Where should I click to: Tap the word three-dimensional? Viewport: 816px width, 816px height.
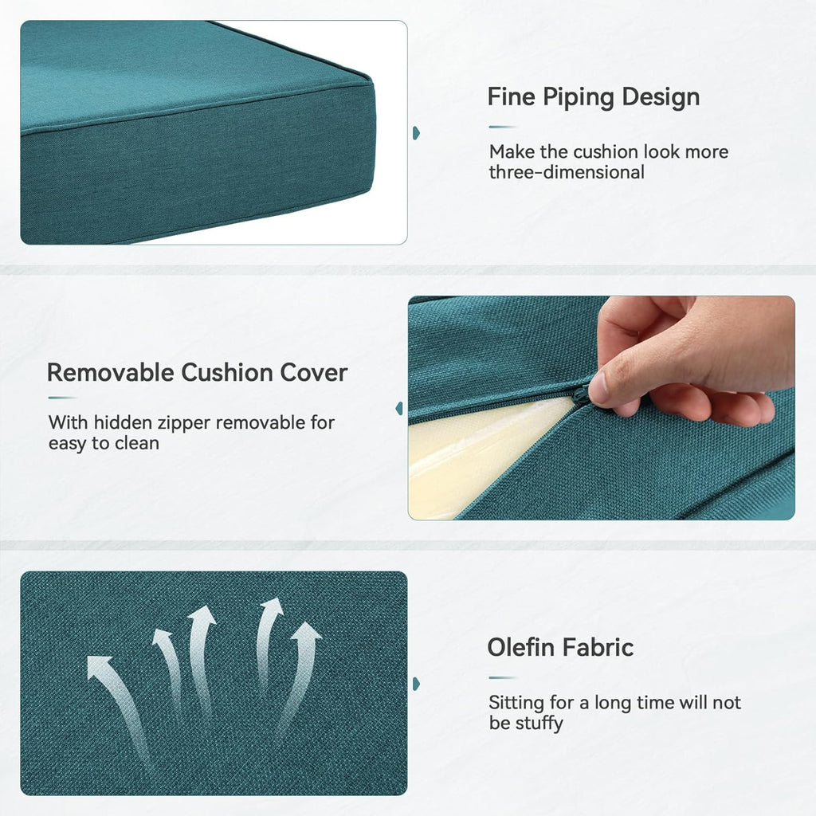pyautogui.click(x=567, y=172)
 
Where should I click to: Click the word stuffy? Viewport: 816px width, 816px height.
pyautogui.click(x=539, y=724)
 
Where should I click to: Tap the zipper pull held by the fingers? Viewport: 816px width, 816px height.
pyautogui.click(x=583, y=394)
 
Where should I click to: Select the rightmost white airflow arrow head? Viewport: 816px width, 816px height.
pyautogui.click(x=307, y=634)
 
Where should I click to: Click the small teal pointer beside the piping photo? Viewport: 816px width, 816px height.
pyautogui.click(x=416, y=132)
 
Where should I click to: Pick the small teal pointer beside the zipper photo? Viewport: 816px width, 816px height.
pyautogui.click(x=399, y=408)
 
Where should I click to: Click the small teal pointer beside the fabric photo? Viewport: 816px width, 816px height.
pyautogui.click(x=416, y=684)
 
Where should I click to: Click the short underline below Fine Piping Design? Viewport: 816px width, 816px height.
pyautogui.click(x=502, y=127)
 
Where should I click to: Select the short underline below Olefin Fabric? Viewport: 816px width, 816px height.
pyautogui.click(x=502, y=678)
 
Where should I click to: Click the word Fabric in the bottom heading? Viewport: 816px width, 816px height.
pyautogui.click(x=598, y=647)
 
